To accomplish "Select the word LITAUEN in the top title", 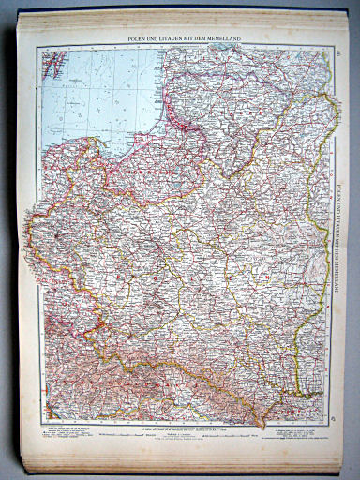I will tap(174, 38).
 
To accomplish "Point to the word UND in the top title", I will tap(157, 38).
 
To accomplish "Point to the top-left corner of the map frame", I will tap(40, 47).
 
